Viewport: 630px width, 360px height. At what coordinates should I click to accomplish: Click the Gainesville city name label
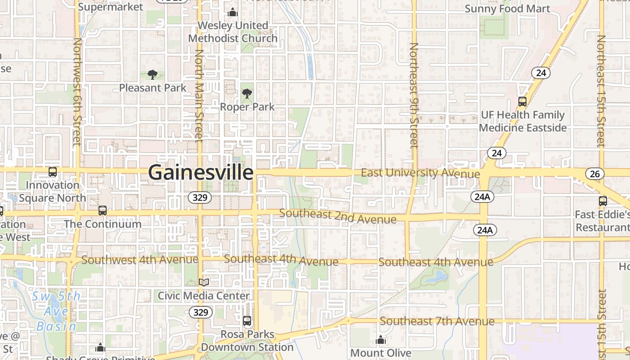click(201, 173)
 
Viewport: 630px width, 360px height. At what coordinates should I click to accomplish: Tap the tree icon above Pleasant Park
click(153, 75)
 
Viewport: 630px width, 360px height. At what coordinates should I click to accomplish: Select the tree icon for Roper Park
click(247, 94)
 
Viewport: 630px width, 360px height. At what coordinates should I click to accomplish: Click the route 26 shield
click(595, 174)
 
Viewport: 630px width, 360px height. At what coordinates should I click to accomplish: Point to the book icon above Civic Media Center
click(204, 282)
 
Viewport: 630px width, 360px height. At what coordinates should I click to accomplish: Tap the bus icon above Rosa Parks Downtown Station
click(247, 321)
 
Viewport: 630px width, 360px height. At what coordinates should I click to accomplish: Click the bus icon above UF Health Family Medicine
click(522, 102)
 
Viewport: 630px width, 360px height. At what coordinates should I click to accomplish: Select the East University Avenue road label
click(420, 173)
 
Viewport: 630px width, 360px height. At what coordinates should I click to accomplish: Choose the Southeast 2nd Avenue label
click(337, 216)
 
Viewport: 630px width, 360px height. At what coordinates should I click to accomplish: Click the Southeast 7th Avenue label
click(437, 321)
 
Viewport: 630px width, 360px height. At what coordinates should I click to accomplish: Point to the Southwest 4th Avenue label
click(139, 260)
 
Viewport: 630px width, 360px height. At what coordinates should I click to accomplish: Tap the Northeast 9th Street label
click(414, 95)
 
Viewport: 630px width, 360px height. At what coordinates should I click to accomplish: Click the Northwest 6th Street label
click(77, 91)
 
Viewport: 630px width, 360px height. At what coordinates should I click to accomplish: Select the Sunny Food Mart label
click(507, 9)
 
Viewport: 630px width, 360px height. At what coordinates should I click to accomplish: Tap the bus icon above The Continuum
click(103, 210)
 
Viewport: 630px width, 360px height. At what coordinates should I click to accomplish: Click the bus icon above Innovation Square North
click(53, 171)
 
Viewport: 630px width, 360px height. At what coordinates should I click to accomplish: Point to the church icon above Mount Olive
click(381, 340)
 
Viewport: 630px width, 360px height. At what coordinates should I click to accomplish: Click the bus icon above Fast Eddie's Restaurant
click(603, 201)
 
